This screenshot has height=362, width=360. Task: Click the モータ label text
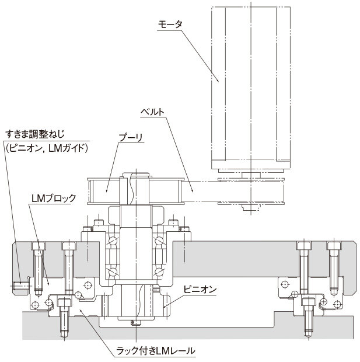170,25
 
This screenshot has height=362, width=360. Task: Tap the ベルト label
152,112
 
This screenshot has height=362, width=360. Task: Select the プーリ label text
131,138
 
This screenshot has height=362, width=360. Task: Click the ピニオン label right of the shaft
200,290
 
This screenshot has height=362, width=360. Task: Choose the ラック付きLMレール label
156,351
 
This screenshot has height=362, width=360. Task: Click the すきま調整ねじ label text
35,134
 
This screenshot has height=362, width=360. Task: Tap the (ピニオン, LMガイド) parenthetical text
47,148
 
